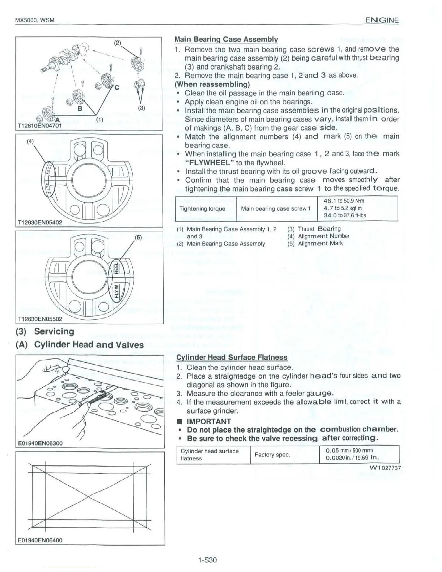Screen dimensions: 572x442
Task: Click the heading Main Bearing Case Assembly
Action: pos(226,39)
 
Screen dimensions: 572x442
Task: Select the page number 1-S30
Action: pos(207,560)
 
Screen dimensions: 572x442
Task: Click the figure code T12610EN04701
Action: pos(40,126)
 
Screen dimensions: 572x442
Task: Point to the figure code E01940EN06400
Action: pos(40,540)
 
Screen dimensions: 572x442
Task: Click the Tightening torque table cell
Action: pos(202,209)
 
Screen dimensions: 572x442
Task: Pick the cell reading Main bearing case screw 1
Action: pos(276,209)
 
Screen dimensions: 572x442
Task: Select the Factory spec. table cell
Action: pos(272,455)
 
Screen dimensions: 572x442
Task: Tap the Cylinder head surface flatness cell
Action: pos(209,455)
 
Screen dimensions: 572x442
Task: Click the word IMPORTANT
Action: pos(208,421)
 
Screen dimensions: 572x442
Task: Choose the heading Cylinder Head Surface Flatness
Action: pos(231,357)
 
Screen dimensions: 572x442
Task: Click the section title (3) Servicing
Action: pos(45,331)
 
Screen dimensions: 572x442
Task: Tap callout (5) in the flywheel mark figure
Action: pos(138,238)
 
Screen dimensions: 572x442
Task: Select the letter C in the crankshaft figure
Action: pos(117,86)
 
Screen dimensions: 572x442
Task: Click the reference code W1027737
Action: pos(385,468)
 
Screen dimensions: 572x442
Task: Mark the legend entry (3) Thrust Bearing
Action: pos(314,229)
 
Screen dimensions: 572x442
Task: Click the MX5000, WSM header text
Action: pos(34,20)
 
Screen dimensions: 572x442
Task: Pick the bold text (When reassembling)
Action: pos(212,84)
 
